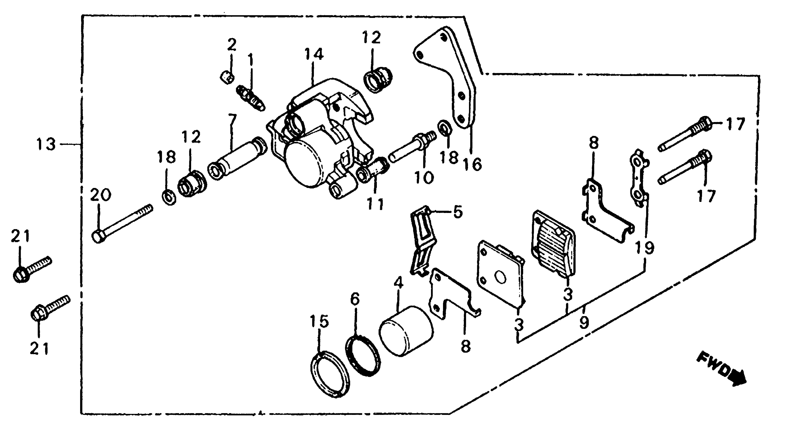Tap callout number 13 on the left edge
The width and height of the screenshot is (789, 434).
pyautogui.click(x=46, y=144)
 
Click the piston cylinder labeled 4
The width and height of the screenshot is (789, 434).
pyautogui.click(x=406, y=331)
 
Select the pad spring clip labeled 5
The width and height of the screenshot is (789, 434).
pyautogui.click(x=423, y=240)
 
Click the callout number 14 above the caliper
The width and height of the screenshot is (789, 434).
pyautogui.click(x=314, y=55)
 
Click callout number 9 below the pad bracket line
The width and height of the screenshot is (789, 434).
pyautogui.click(x=584, y=322)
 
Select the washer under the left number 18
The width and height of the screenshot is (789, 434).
pyautogui.click(x=168, y=198)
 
